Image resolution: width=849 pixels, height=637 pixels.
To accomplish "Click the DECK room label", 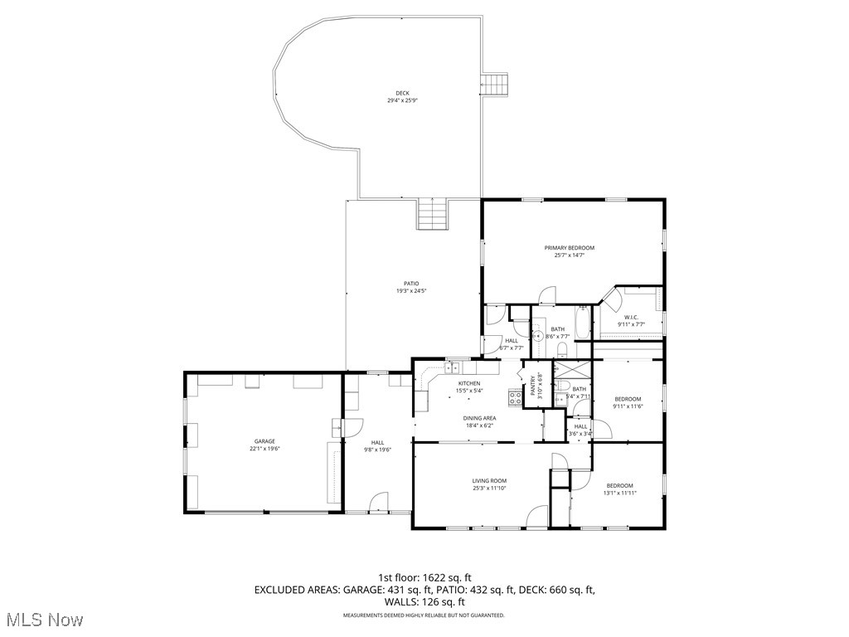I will click(402, 93).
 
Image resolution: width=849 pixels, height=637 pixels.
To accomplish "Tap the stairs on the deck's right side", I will click(495, 84).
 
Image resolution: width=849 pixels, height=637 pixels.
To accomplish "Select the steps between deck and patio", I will click(433, 215).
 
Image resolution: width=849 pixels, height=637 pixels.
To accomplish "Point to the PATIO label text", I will click(411, 284).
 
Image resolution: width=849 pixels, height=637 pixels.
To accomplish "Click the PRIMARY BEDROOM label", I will click(569, 248).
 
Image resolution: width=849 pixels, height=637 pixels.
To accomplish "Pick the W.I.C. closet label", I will click(630, 317).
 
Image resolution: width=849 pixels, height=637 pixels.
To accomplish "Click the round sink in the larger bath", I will click(537, 336).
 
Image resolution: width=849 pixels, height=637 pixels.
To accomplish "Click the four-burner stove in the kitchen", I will click(515, 397).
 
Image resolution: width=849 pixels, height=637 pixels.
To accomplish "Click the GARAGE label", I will click(264, 441).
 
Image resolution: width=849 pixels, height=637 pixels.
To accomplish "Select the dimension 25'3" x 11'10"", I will click(489, 489).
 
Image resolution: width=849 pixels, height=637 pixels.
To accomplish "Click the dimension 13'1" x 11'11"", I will click(619, 494).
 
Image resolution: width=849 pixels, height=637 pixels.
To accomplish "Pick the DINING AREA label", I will click(480, 418).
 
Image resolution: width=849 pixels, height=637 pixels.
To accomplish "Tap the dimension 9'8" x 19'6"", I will click(377, 450).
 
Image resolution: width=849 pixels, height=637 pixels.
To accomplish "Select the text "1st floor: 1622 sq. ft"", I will click(424, 577).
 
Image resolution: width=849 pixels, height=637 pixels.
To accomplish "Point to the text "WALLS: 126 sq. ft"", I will click(424, 602).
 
